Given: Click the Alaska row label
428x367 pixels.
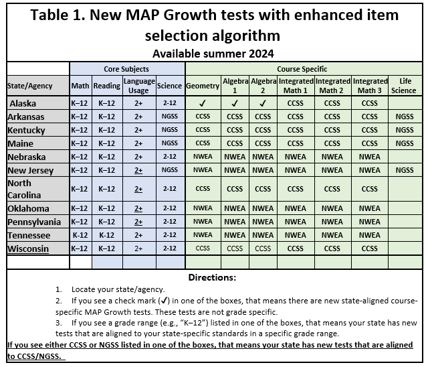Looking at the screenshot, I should [23, 103].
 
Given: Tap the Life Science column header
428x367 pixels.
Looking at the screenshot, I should [403, 85].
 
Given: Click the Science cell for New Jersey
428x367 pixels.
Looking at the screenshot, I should [169, 170].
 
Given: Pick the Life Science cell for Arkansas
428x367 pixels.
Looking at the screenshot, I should [403, 117].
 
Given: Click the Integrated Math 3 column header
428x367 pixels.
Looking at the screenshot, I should [369, 85].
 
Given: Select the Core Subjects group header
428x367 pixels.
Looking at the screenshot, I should [126, 69].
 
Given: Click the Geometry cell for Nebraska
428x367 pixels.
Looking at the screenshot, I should [203, 157].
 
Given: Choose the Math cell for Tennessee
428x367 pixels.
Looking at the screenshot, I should [80, 235].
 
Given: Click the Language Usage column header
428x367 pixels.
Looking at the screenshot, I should [138, 85].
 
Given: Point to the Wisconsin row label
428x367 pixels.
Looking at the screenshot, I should [27, 248].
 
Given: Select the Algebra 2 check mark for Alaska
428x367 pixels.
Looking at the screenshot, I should [263, 103].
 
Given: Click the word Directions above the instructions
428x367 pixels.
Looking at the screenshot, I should [213, 277].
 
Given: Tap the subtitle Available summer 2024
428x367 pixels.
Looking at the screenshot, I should [213, 53].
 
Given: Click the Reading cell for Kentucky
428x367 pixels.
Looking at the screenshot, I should [107, 130].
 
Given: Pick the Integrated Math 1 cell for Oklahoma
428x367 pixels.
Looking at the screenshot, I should [296, 208].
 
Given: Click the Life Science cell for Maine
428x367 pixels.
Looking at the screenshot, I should [403, 143].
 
